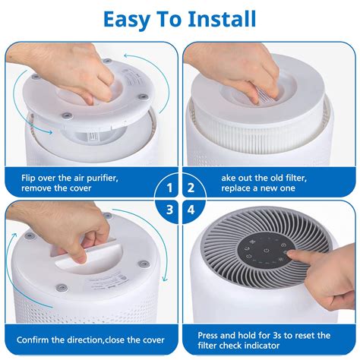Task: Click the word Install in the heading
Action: [222, 20]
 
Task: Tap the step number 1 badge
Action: [169, 188]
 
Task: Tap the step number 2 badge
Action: [191, 188]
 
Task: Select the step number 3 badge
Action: [169, 210]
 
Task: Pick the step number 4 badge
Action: [191, 210]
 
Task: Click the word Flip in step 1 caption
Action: [28, 178]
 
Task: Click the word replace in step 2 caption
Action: [236, 188]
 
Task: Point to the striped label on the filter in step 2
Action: [267, 97]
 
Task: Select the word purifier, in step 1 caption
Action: [103, 178]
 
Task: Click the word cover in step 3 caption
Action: [154, 340]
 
